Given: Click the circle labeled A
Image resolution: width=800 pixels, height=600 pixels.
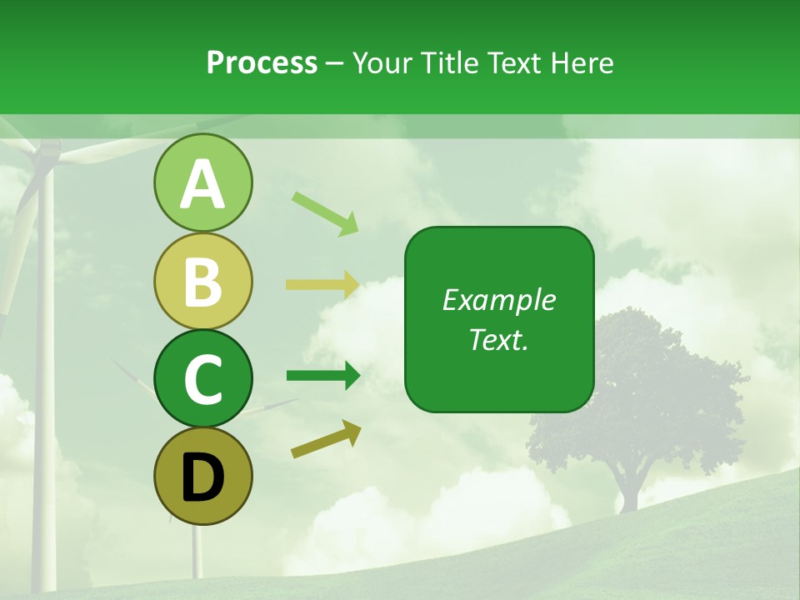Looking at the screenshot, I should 202,183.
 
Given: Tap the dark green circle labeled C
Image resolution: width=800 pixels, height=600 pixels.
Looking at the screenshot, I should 202,378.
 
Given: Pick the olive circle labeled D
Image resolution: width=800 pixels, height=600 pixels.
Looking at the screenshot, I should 202,476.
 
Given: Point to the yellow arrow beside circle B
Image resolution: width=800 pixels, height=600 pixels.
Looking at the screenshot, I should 322,284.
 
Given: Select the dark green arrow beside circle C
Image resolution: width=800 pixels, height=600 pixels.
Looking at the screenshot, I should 322,376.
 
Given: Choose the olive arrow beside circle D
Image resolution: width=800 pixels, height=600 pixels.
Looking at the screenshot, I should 326,438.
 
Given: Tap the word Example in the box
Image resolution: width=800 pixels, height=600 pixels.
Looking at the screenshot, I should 499,300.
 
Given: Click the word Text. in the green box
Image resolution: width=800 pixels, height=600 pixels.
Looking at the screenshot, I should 499,339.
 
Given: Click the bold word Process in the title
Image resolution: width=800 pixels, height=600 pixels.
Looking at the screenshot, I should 262,63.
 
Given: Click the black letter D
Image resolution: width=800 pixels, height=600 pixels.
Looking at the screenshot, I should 202,477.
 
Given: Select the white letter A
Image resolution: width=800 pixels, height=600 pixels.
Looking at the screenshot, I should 202,184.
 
